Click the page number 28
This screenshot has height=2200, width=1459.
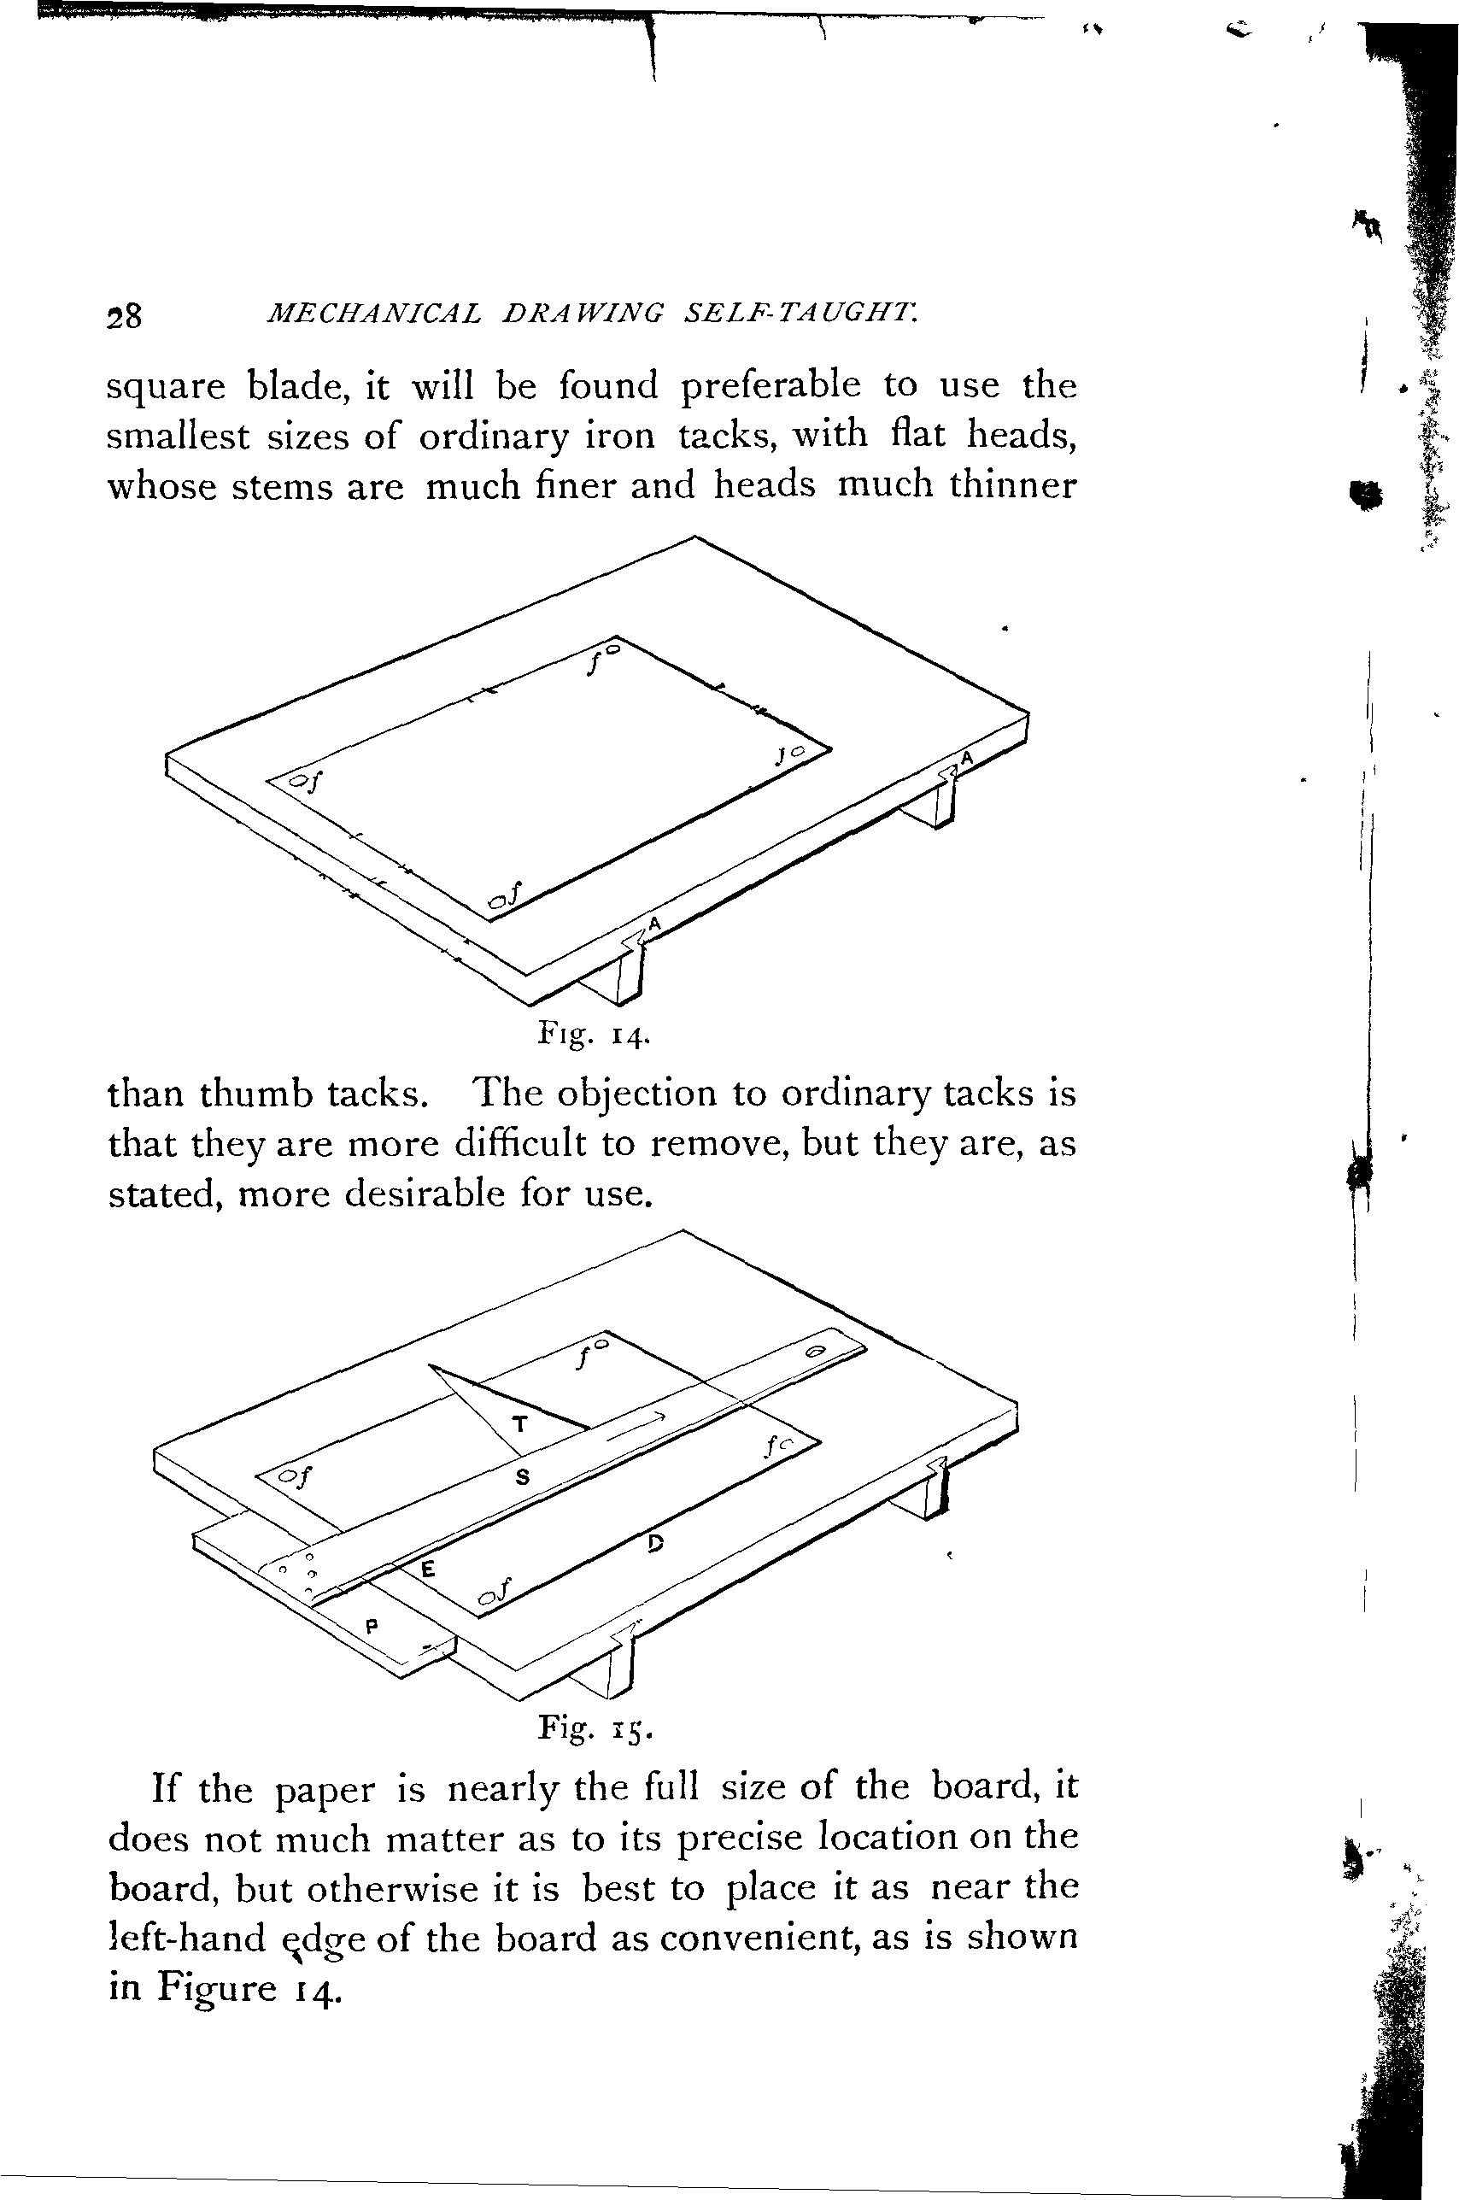point(125,316)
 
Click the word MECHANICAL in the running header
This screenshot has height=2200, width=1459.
point(374,313)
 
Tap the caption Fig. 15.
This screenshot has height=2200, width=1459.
point(595,1729)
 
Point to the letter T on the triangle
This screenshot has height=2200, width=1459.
point(520,1423)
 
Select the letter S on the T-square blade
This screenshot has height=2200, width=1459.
point(522,1476)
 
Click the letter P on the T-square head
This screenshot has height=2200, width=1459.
point(372,1627)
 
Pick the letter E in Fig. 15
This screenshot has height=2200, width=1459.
point(427,1569)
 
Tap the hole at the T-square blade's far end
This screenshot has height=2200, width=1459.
point(815,1352)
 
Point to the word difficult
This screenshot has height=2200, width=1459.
point(520,1143)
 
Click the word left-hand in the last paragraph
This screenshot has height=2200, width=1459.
point(188,1938)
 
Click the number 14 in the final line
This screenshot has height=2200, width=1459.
point(319,1989)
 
